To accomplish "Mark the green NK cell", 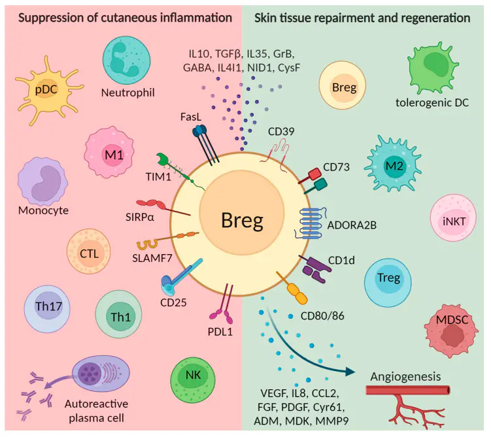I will (194, 377).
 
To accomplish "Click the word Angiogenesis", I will (405, 377).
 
